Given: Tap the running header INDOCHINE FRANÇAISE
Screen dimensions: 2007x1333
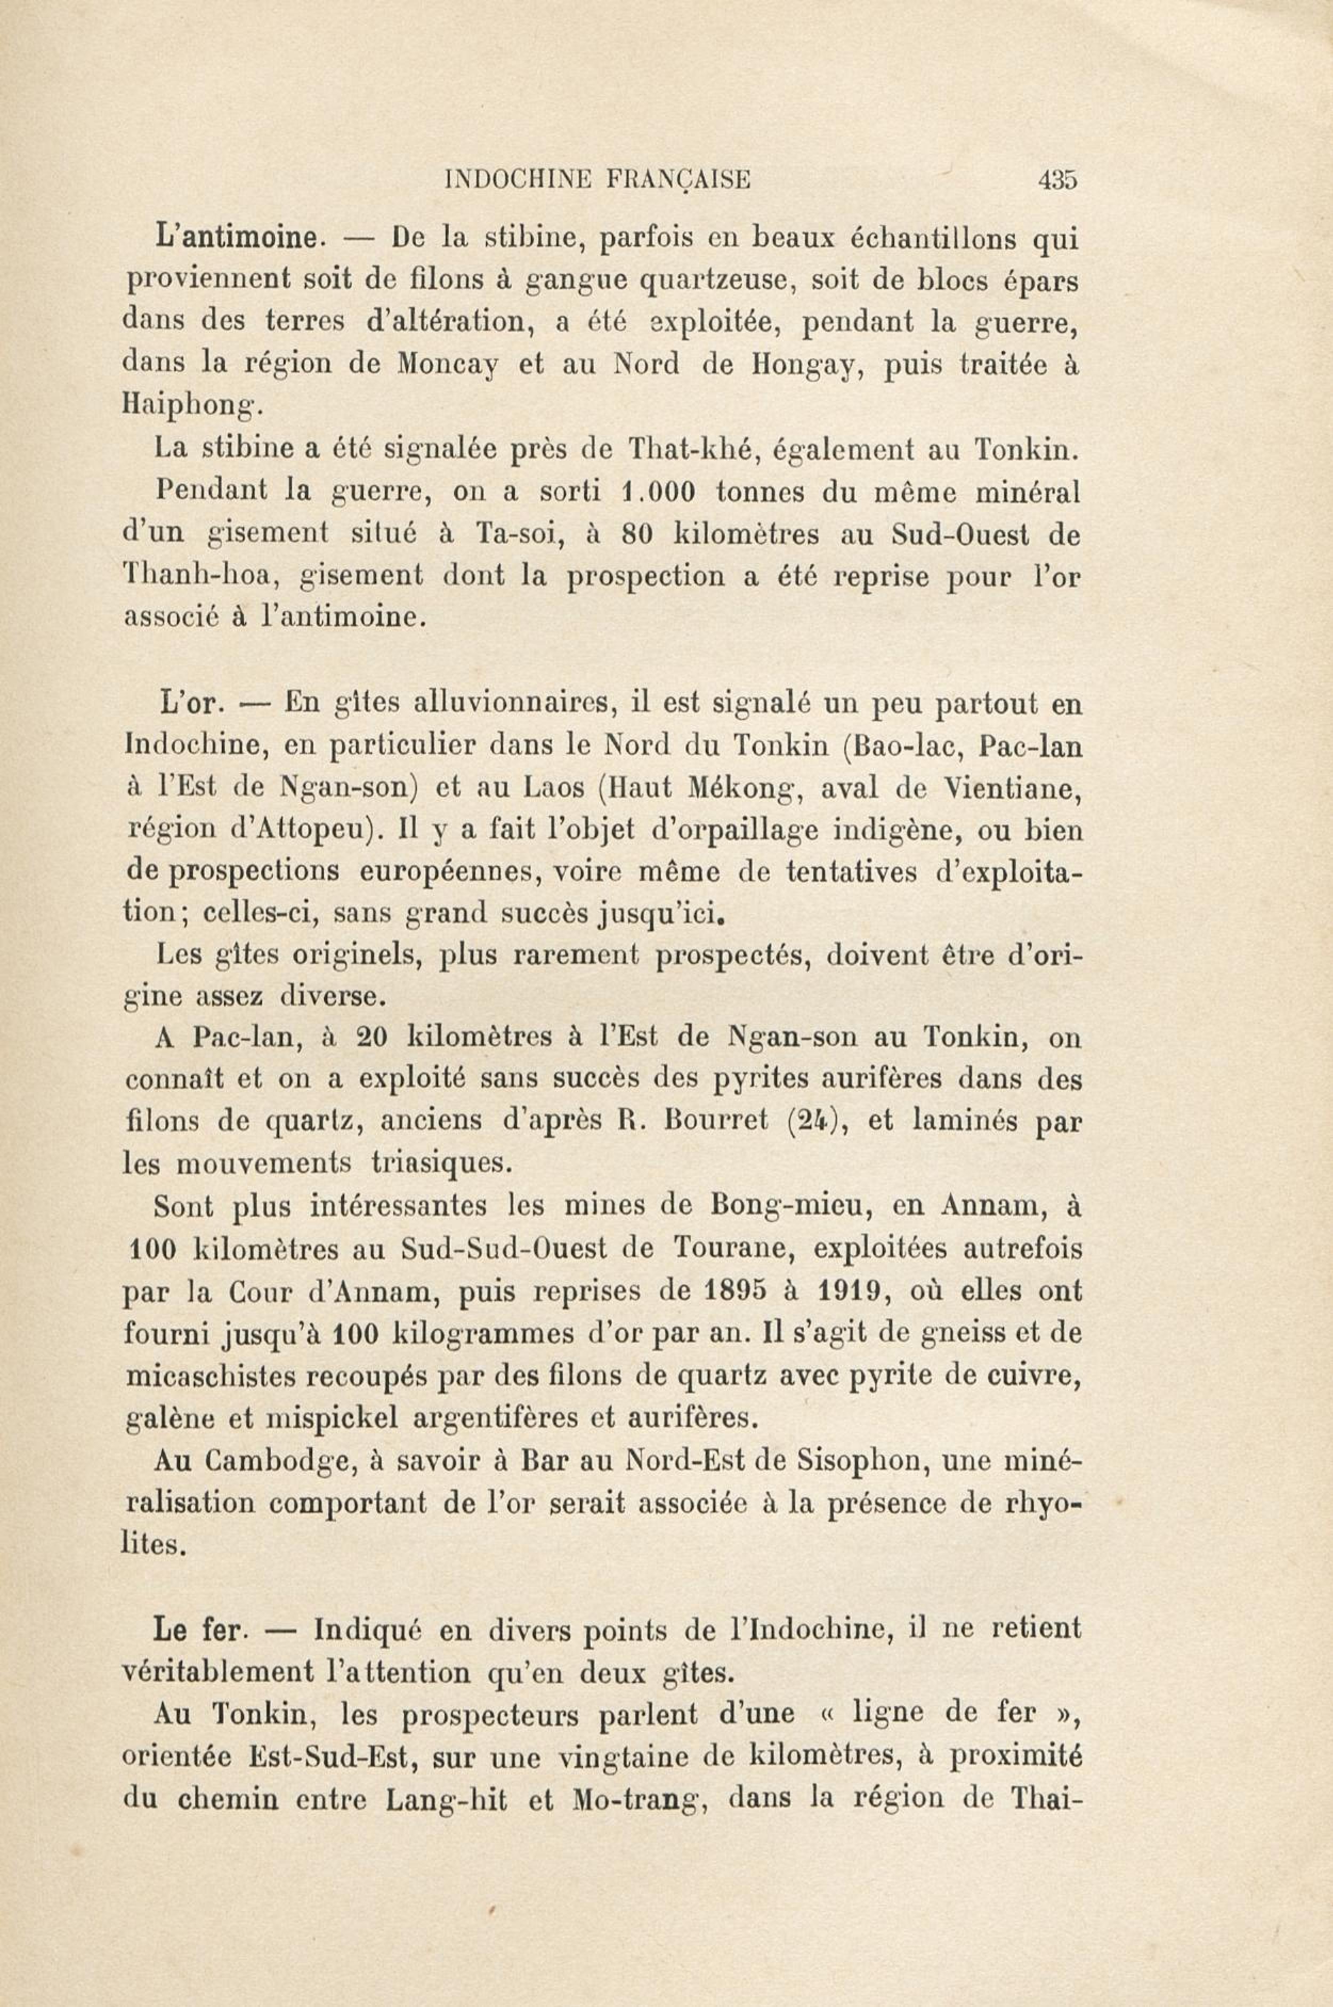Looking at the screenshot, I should click(597, 180).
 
